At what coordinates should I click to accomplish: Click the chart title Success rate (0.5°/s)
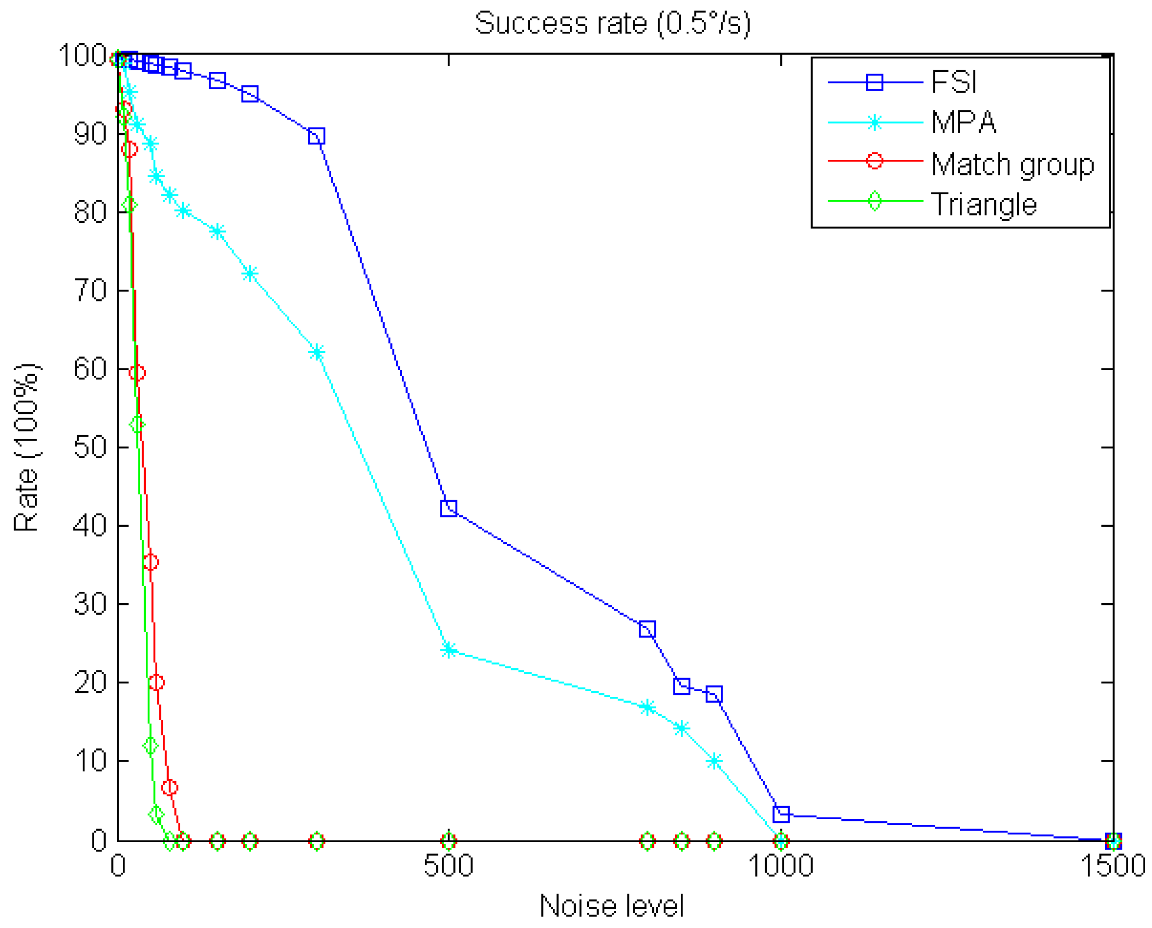[x=613, y=23]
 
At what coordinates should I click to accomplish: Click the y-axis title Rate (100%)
[x=26, y=448]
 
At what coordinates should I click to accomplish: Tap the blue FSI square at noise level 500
[x=449, y=509]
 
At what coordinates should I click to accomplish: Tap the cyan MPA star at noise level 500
[x=449, y=650]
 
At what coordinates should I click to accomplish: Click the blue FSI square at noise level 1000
[x=781, y=814]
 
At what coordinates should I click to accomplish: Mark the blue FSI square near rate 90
[x=317, y=136]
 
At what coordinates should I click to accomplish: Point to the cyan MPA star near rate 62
[x=317, y=353]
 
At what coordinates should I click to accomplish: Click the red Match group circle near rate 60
[x=137, y=373]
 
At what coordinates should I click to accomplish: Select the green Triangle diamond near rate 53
[x=137, y=424]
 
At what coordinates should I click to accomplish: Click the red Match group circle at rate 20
[x=156, y=682]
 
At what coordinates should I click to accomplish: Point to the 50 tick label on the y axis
[x=90, y=447]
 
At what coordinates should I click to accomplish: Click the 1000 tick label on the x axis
[x=780, y=866]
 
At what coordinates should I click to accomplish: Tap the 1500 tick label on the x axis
[x=1112, y=866]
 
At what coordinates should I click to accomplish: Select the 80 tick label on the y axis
[x=90, y=212]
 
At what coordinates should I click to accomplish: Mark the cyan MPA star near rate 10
[x=714, y=761]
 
